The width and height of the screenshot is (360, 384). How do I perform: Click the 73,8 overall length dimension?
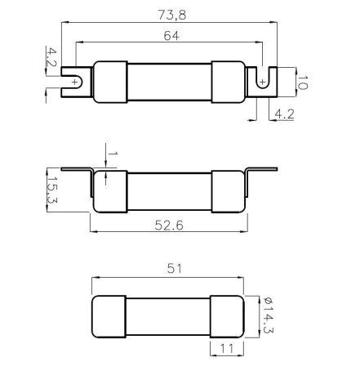[x=172, y=15]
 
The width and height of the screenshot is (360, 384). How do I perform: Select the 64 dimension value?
[x=171, y=36]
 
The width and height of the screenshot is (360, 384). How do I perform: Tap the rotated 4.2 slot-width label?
[x=51, y=57]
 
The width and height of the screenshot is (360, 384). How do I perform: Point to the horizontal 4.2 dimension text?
[x=285, y=114]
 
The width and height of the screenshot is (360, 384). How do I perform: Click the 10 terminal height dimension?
[x=302, y=83]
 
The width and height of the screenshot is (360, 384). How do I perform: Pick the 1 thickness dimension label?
[x=113, y=154]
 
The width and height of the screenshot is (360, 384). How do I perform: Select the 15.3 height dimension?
[x=52, y=190]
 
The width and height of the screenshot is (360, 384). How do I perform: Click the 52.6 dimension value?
[x=169, y=225]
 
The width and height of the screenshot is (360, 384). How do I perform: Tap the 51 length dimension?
[x=174, y=269]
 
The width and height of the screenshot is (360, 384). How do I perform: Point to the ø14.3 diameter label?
[x=269, y=315]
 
